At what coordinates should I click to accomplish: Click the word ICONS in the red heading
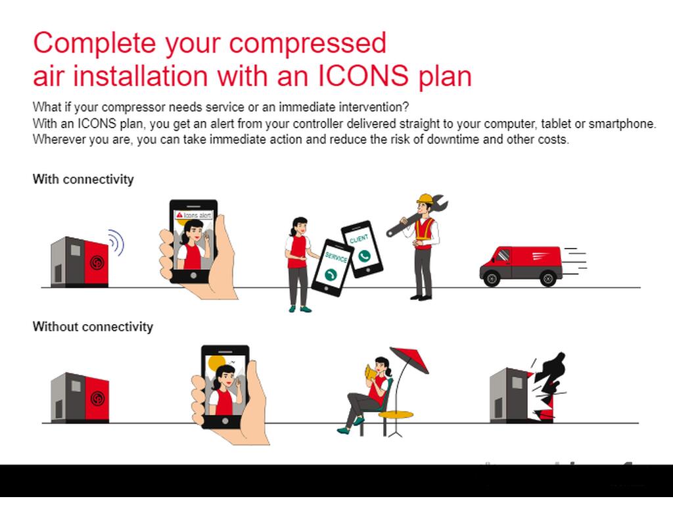(363, 76)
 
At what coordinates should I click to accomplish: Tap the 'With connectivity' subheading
(83, 179)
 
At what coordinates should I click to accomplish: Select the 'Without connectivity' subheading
(93, 327)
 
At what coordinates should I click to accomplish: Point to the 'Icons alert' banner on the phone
(194, 215)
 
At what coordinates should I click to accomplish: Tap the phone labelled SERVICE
(333, 268)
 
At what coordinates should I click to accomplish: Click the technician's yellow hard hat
(425, 199)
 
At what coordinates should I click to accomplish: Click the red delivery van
(521, 266)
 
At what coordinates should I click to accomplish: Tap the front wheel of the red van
(492, 279)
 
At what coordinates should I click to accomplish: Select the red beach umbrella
(409, 359)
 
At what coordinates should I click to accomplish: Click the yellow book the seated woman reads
(371, 372)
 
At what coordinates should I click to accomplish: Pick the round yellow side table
(396, 415)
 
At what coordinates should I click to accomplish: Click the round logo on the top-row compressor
(97, 262)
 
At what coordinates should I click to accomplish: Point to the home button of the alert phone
(194, 276)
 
